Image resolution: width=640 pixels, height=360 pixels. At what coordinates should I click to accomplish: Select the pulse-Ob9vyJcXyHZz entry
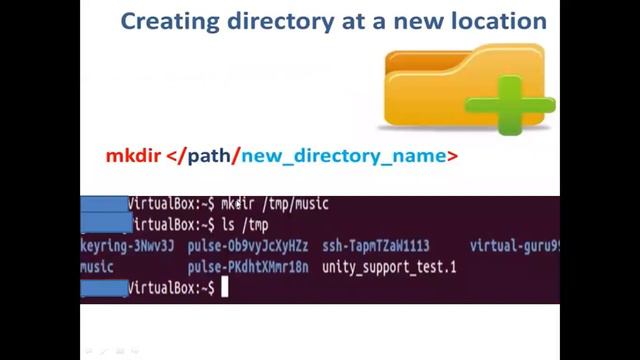coord(248,246)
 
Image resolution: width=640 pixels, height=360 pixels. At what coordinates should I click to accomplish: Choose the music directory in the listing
coord(97,267)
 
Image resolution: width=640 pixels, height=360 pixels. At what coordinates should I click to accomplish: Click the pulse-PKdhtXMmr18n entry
coord(248,267)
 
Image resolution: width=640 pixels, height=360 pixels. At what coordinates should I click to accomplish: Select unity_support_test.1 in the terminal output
coord(389,267)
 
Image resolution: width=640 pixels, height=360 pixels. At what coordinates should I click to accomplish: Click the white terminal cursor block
coord(226,288)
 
